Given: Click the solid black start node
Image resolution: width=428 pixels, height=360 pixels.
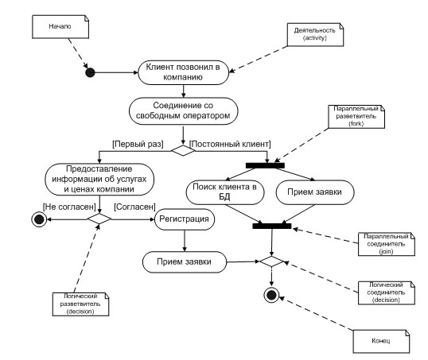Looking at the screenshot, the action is pyautogui.click(x=90, y=72).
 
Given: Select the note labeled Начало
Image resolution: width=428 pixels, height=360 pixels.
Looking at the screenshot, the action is pyautogui.click(x=60, y=26).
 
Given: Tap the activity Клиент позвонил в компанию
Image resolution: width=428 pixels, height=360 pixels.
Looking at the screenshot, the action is pyautogui.click(x=183, y=72).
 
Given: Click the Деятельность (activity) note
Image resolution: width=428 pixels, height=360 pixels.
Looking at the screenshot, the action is pyautogui.click(x=315, y=34).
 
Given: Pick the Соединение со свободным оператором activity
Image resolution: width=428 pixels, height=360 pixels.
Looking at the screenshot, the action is pyautogui.click(x=184, y=111).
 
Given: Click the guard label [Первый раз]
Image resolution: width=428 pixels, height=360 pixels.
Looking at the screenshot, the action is pyautogui.click(x=138, y=144).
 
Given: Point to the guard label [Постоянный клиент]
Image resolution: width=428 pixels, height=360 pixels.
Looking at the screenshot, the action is pyautogui.click(x=230, y=144).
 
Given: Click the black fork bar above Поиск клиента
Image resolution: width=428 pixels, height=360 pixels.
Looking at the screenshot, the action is pyautogui.click(x=265, y=165).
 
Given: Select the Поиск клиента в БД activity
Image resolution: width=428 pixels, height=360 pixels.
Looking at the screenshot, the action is pyautogui.click(x=225, y=192).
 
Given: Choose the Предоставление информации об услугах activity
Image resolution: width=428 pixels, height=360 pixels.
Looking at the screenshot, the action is pyautogui.click(x=99, y=179).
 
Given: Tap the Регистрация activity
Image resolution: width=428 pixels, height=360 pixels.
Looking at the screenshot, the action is pyautogui.click(x=185, y=219).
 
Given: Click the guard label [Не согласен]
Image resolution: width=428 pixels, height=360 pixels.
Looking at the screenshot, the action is pyautogui.click(x=69, y=207).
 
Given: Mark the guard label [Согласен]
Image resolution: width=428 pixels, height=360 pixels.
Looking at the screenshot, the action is pyautogui.click(x=134, y=207).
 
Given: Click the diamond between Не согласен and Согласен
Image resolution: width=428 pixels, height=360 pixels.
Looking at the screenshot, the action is pyautogui.click(x=99, y=219).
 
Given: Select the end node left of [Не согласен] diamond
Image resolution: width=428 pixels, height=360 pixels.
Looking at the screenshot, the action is pyautogui.click(x=39, y=219).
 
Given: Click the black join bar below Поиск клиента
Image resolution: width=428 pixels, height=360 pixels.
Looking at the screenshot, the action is pyautogui.click(x=272, y=226).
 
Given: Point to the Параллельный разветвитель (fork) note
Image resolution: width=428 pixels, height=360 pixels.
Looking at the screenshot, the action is pyautogui.click(x=356, y=117).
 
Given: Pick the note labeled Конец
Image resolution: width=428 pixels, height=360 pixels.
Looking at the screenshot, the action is pyautogui.click(x=381, y=341).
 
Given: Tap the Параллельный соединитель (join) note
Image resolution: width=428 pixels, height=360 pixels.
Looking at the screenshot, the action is pyautogui.click(x=387, y=244).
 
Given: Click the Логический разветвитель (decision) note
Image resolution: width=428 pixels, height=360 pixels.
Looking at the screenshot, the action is pyautogui.click(x=80, y=304).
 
